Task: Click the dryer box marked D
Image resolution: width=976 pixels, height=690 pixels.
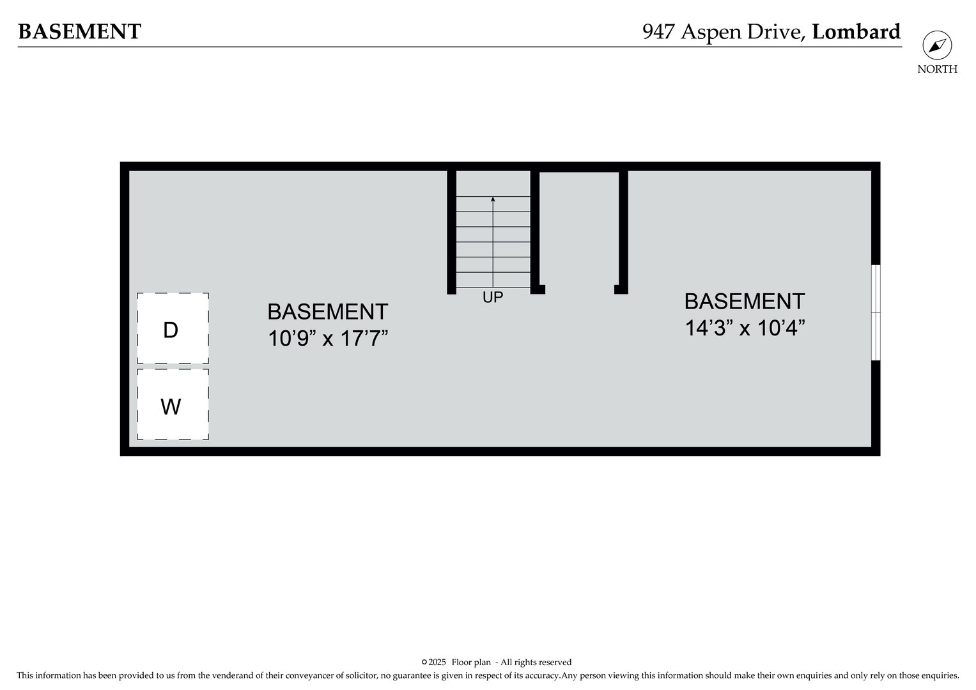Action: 173,328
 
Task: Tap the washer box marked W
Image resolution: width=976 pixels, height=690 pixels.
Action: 173,404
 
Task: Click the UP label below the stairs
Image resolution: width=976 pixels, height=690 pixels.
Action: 493,298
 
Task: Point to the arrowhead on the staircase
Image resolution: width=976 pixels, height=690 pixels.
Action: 493,199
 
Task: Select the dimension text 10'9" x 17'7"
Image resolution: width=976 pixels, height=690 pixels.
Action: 328,339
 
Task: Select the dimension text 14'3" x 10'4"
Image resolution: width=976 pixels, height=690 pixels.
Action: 745,328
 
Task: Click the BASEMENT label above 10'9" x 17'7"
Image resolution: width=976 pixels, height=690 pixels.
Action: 328,312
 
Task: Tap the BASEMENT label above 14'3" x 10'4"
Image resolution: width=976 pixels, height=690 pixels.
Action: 745,302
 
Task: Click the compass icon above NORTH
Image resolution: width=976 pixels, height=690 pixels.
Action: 937,45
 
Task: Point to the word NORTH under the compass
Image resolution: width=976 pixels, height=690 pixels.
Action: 937,69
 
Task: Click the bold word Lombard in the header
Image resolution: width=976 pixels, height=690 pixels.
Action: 856,32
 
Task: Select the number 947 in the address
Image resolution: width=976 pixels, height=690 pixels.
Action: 659,32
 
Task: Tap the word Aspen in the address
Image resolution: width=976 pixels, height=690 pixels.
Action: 711,33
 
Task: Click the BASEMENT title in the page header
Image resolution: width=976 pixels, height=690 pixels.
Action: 79,32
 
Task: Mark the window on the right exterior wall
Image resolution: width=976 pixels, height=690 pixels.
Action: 876,313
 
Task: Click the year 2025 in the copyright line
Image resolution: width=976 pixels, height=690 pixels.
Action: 437,663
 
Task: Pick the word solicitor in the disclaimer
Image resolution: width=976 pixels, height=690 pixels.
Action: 361,676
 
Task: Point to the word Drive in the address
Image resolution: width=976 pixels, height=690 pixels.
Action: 775,32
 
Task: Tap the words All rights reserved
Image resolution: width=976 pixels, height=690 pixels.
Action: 536,663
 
